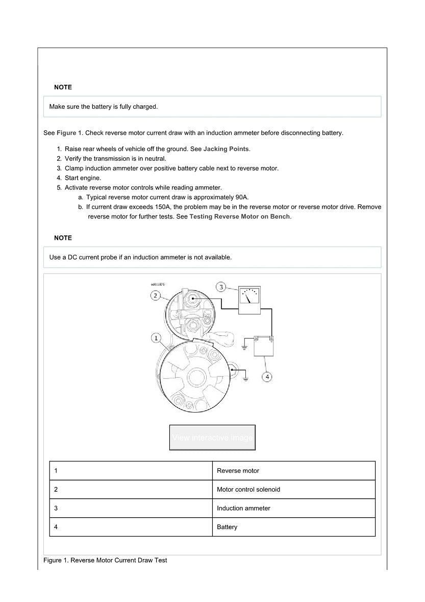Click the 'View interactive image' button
click(x=212, y=438)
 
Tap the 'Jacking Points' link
click(x=226, y=149)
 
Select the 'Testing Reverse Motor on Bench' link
click(x=239, y=216)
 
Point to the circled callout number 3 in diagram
click(x=221, y=287)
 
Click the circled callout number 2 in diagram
click(x=156, y=295)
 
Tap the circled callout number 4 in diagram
click(x=267, y=377)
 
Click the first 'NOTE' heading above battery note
click(x=63, y=87)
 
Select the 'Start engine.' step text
click(x=83, y=178)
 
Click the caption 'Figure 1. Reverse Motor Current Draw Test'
click(x=105, y=560)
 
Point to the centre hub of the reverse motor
click(x=195, y=377)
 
